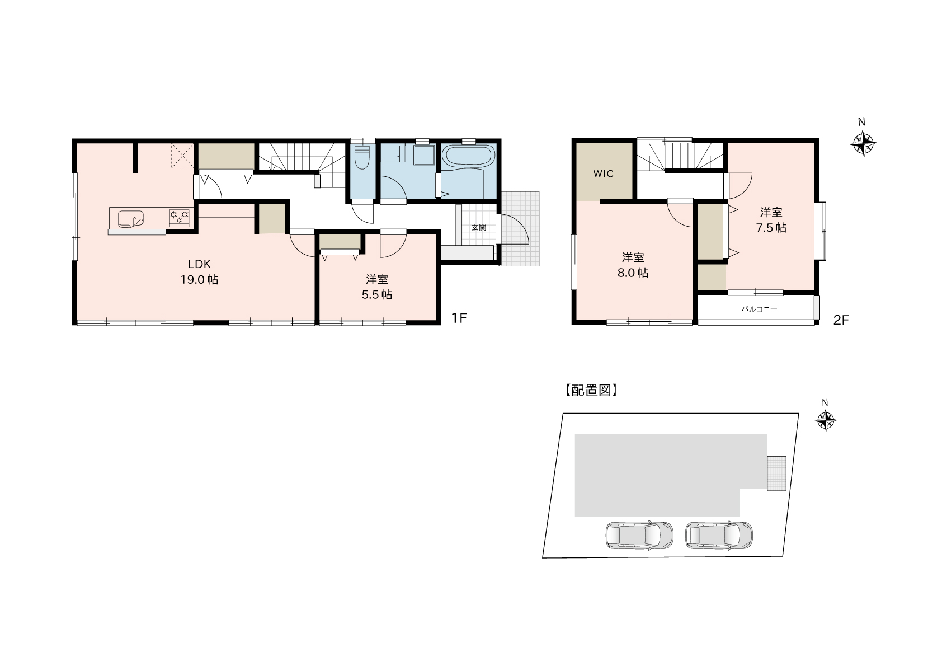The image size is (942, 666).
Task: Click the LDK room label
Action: [199, 264]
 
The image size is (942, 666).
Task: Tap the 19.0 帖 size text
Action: [199, 280]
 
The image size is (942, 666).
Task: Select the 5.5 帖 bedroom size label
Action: [377, 294]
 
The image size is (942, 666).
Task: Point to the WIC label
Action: [604, 173]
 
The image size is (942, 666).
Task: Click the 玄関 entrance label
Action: [479, 227]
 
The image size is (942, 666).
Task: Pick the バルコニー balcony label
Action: [759, 309]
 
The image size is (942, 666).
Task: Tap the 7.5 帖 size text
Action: [771, 228]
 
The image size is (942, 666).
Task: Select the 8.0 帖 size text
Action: [633, 273]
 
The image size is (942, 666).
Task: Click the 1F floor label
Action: [459, 318]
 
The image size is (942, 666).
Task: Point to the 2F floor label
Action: [841, 320]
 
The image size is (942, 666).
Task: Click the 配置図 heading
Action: [591, 390]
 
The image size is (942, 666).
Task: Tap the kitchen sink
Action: [131, 219]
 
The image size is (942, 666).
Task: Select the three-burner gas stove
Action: [180, 218]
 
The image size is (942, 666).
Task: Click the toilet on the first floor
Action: [362, 157]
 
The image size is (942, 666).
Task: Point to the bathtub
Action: [469, 156]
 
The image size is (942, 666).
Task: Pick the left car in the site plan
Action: [639, 535]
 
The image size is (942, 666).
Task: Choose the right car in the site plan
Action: [719, 535]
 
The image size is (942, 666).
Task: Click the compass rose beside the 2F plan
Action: [863, 143]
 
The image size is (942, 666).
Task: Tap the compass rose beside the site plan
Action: [826, 420]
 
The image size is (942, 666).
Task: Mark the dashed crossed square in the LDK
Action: [182, 156]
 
